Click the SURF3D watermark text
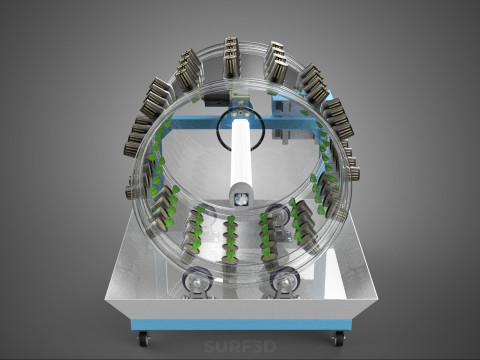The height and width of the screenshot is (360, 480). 240,347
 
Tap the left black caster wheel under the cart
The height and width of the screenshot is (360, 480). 144,339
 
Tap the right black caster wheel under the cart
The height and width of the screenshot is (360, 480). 338,339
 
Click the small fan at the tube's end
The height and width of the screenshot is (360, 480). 241,199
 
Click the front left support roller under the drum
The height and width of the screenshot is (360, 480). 197,282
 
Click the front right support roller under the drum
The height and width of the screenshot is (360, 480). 285,283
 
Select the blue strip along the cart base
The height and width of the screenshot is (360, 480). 241,325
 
